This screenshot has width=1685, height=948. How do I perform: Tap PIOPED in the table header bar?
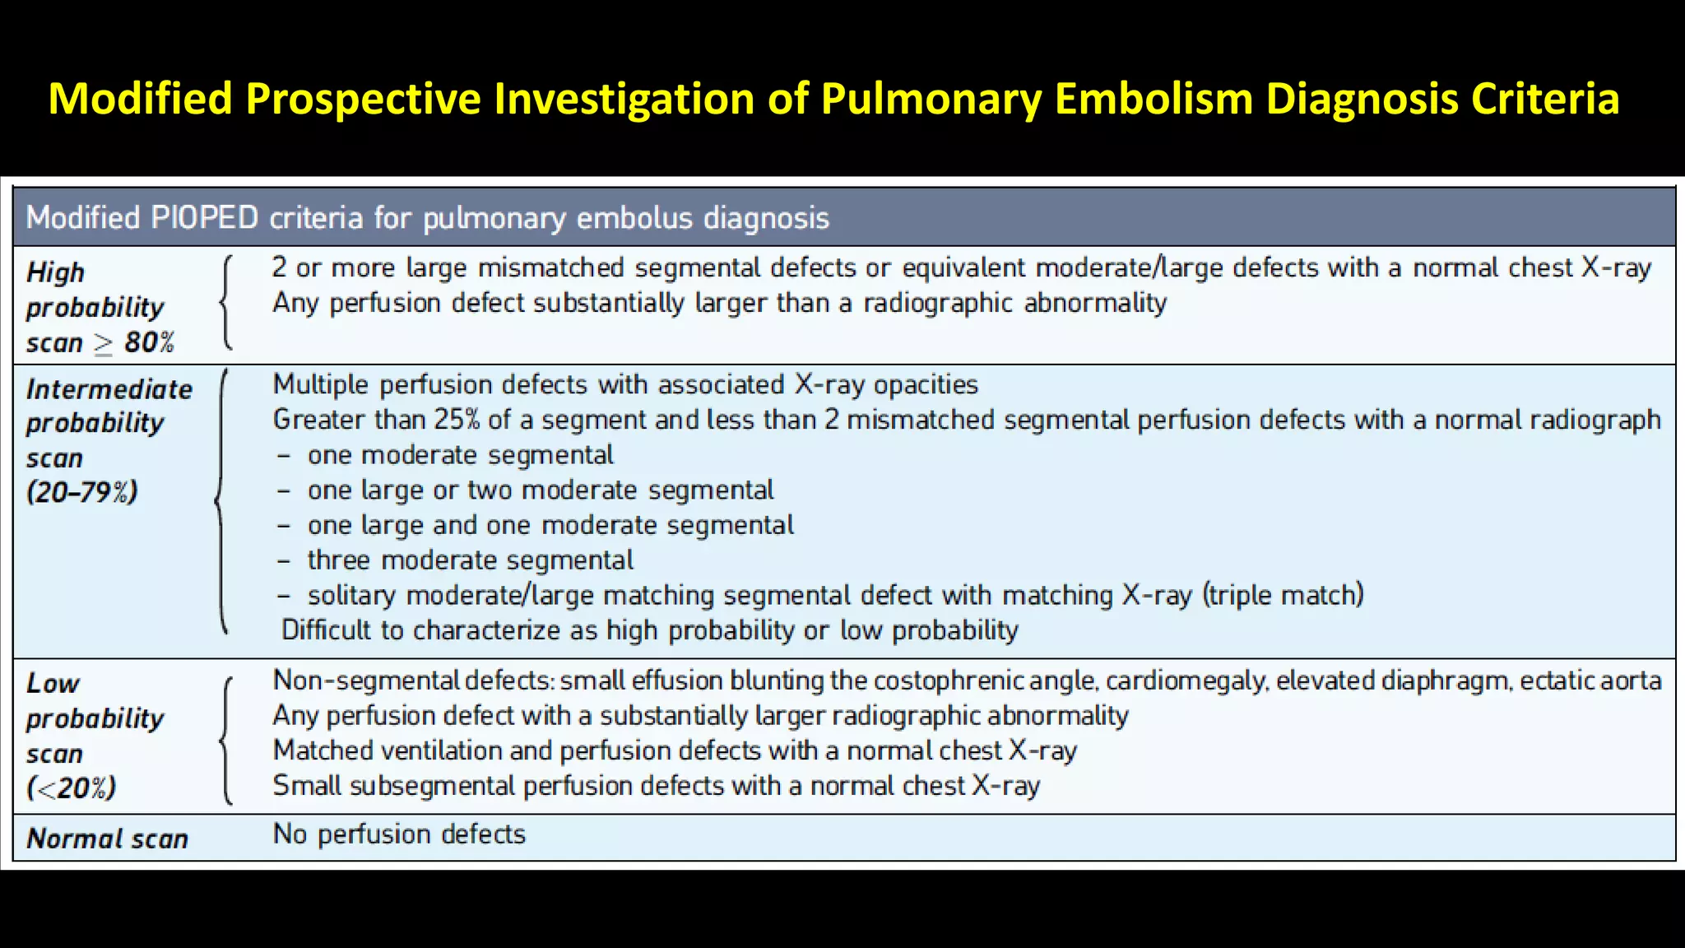(205, 218)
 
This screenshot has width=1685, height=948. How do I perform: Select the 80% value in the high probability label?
(149, 342)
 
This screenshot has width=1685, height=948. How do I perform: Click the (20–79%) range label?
(82, 492)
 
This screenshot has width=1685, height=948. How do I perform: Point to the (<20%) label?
(72, 788)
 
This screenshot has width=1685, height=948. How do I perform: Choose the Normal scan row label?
(108, 839)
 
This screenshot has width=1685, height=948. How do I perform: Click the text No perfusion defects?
(399, 834)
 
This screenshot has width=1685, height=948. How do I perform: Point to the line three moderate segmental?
(470, 560)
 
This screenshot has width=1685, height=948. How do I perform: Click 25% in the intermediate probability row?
(457, 420)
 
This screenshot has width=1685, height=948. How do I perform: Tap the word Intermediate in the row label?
(109, 389)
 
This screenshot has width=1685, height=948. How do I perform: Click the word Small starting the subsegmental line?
(307, 786)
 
